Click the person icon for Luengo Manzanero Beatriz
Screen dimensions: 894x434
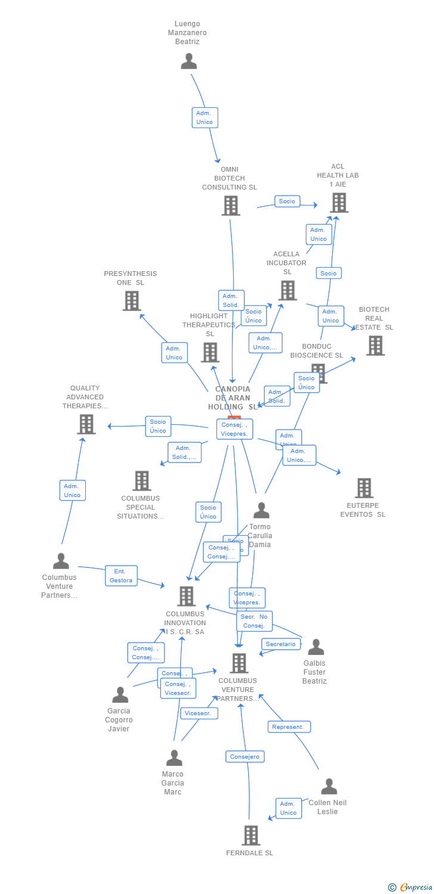(189, 61)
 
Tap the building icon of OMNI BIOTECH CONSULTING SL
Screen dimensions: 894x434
(231, 206)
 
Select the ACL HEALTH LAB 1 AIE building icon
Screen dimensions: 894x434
(339, 203)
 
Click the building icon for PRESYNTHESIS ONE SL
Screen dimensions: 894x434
(132, 301)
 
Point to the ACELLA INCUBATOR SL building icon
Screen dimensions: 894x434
(287, 290)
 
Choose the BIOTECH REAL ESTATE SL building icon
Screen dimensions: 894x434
(375, 346)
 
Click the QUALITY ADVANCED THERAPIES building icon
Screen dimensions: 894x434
(86, 424)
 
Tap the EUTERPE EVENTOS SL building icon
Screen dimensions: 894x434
(364, 488)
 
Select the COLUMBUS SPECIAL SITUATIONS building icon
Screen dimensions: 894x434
(142, 481)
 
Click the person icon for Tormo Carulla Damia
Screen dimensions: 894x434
(261, 510)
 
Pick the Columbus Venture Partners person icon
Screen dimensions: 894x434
(61, 561)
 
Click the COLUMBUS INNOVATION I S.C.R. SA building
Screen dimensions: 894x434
(187, 596)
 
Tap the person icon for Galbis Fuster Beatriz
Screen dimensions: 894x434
(316, 647)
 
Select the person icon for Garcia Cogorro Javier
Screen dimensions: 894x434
(120, 694)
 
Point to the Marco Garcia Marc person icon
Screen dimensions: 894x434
(174, 758)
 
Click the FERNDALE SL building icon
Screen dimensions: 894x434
(251, 836)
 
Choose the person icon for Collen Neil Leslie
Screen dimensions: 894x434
(329, 786)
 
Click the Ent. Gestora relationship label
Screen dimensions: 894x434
(121, 576)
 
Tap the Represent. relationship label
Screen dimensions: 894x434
(289, 727)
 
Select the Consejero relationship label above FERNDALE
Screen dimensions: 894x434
(245, 757)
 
